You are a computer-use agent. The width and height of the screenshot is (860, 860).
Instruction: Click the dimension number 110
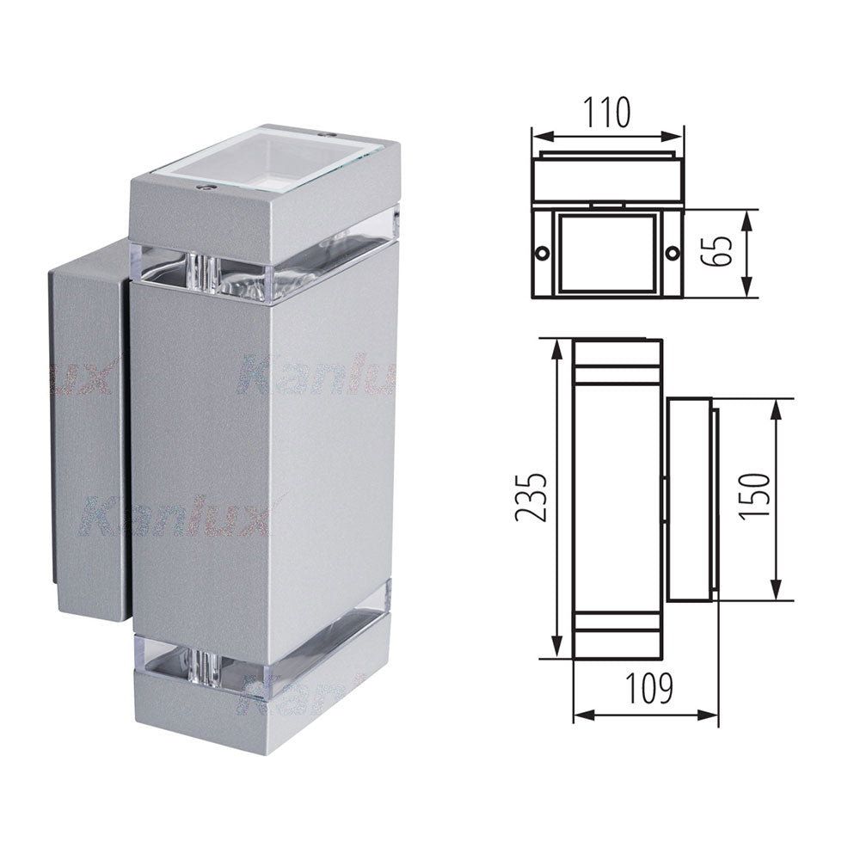pyautogui.click(x=607, y=112)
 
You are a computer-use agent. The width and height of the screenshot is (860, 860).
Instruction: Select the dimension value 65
pyautogui.click(x=721, y=253)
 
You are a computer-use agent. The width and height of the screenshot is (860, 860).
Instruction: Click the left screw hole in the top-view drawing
pyautogui.click(x=542, y=254)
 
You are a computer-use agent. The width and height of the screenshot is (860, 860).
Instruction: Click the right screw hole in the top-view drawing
pyautogui.click(x=672, y=254)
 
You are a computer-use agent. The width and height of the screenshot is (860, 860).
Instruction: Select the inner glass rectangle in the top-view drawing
pyautogui.click(x=606, y=253)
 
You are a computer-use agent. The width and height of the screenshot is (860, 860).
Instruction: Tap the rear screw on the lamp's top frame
pyautogui.click(x=327, y=135)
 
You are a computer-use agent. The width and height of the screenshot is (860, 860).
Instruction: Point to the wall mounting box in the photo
pyautogui.click(x=86, y=430)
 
